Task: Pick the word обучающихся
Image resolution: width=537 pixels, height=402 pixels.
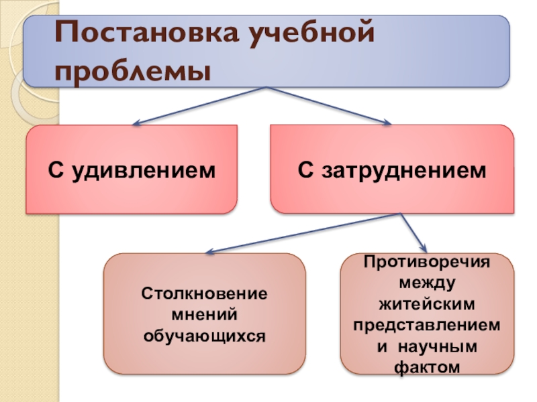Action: (x=204, y=333)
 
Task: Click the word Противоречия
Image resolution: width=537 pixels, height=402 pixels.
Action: (x=427, y=261)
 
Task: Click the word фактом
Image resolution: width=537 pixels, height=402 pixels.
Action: (x=427, y=367)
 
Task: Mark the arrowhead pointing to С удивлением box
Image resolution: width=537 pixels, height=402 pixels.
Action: (x=136, y=123)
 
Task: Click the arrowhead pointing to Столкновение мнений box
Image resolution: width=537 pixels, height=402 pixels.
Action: (x=209, y=253)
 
